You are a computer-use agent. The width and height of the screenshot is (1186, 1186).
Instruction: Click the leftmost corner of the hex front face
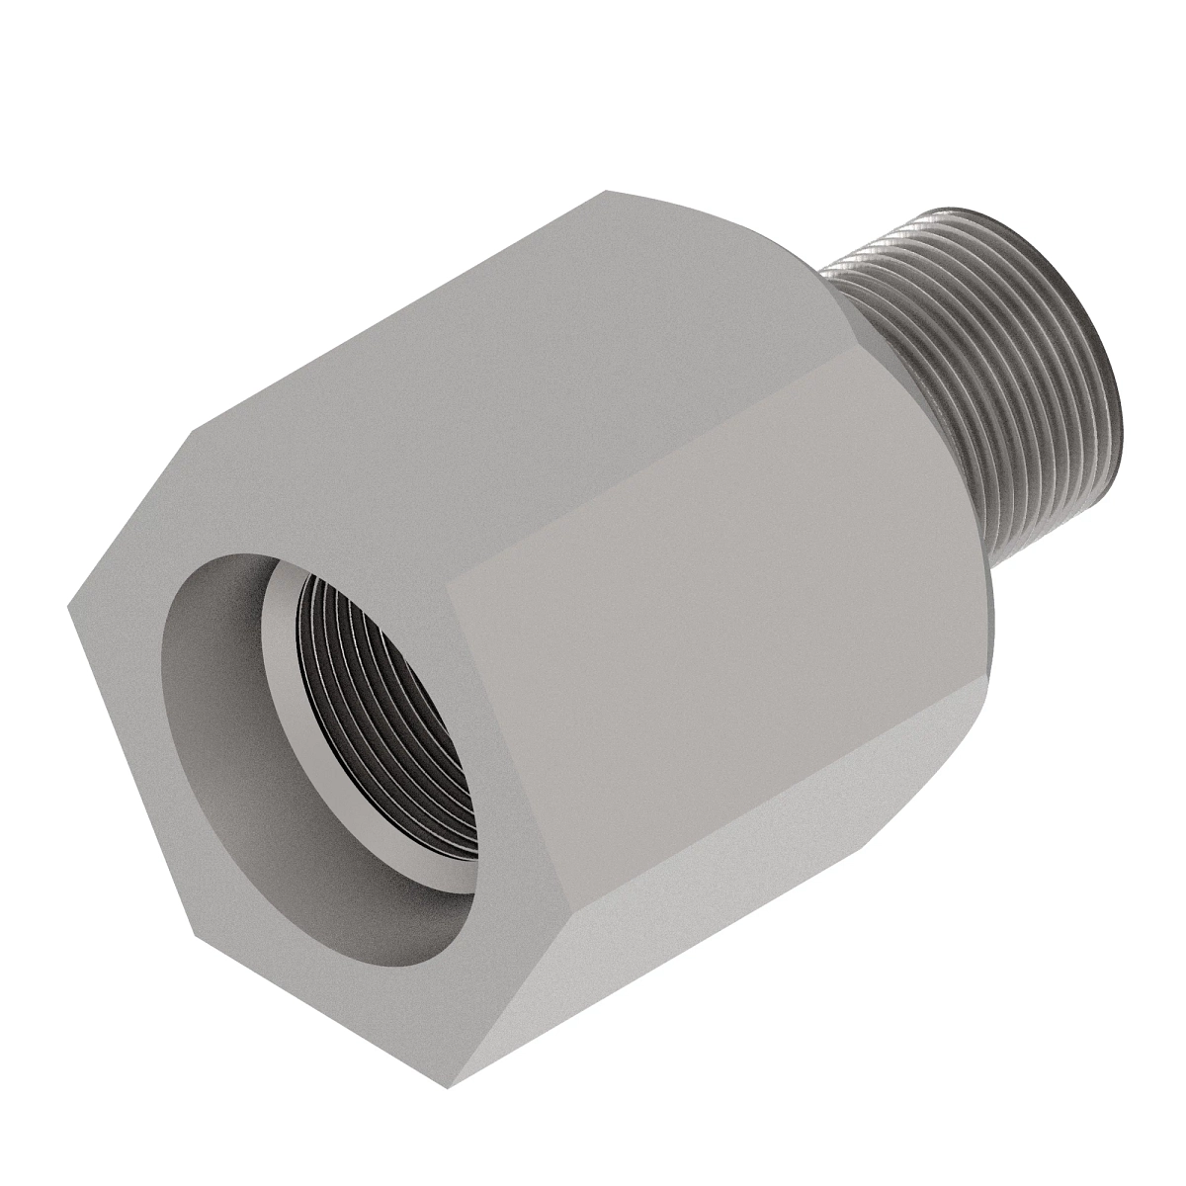68,607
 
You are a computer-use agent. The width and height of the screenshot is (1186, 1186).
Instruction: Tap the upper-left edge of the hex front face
128,519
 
